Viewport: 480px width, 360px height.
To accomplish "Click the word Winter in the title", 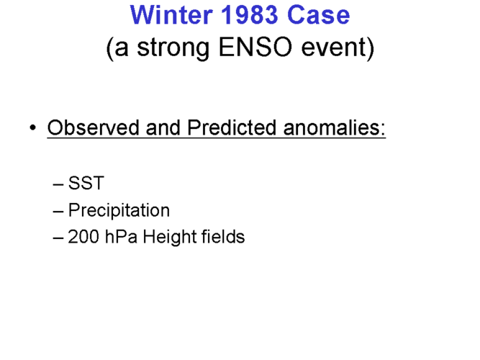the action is pyautogui.click(x=171, y=14).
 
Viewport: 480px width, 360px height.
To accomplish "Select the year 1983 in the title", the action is pyautogui.click(x=250, y=14).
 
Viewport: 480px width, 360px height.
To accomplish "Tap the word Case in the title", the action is pyautogui.click(x=318, y=14).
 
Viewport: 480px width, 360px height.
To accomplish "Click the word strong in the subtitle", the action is pyautogui.click(x=173, y=48).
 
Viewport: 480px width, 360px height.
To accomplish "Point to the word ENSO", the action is pyautogui.click(x=255, y=48).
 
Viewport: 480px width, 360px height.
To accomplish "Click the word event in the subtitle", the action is pyautogui.click(x=335, y=48).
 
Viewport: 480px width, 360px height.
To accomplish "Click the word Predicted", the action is pyautogui.click(x=232, y=127).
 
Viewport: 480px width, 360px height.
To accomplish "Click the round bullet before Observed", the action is pyautogui.click(x=33, y=127).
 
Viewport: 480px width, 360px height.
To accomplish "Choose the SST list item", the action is pyautogui.click(x=86, y=183).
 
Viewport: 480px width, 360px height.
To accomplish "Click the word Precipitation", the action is pyautogui.click(x=119, y=210).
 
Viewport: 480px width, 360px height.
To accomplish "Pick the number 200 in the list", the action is pyautogui.click(x=83, y=237).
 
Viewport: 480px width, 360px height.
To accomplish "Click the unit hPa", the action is pyautogui.click(x=121, y=237).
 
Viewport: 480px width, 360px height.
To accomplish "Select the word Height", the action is pyautogui.click(x=169, y=238).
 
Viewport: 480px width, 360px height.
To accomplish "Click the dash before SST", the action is pyautogui.click(x=58, y=184).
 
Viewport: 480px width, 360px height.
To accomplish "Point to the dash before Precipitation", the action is pyautogui.click(x=58, y=212).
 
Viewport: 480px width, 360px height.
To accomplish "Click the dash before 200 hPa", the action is pyautogui.click(x=58, y=238).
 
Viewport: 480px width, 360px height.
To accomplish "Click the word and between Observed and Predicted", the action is pyautogui.click(x=163, y=127).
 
